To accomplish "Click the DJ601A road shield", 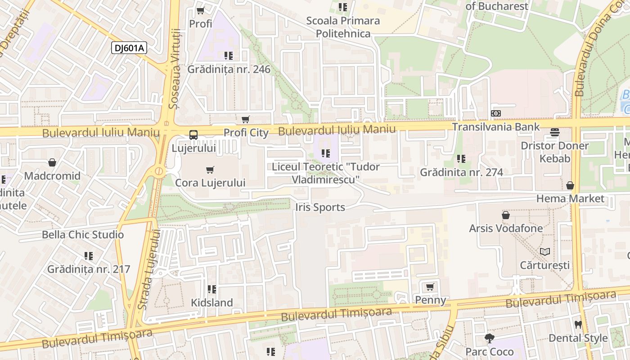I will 129,48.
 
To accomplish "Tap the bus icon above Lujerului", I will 193,135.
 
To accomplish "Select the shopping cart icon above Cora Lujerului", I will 210,170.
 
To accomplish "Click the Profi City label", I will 246,133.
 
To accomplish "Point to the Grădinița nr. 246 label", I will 229,69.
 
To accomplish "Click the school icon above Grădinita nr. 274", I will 461,159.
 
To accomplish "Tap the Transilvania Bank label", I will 495,127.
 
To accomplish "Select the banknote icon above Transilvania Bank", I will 495,114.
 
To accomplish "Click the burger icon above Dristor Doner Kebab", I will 554,132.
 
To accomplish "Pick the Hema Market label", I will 570,198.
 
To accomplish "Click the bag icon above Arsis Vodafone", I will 506,215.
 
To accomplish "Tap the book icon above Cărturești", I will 544,252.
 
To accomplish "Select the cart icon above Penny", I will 430,287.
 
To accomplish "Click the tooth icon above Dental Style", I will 578,324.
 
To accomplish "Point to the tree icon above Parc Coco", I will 490,338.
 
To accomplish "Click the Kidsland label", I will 212,302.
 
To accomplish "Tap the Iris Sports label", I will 320,207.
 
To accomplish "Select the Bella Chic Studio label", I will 83,234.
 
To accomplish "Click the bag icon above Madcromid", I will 52,162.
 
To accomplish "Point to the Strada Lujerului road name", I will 149,270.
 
